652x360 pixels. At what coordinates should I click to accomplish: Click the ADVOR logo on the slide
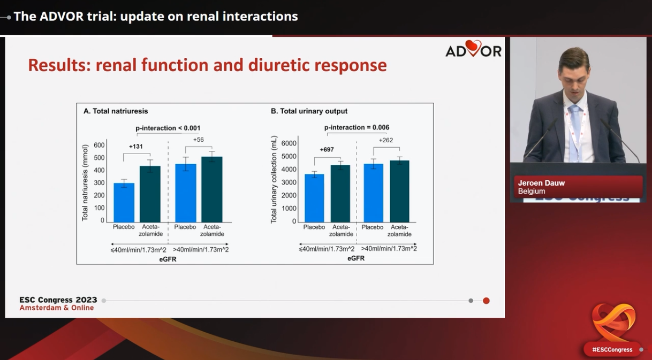(473, 49)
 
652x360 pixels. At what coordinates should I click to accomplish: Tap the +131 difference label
(136, 146)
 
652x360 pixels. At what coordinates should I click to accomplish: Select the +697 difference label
(327, 149)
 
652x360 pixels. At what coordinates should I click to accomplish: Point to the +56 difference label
(199, 140)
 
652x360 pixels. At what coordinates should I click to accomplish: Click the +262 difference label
(386, 140)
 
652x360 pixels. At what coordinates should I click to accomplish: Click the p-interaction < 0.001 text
(168, 128)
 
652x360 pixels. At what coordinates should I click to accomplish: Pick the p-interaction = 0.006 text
(357, 127)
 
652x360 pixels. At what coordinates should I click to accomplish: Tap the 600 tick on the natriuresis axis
(99, 145)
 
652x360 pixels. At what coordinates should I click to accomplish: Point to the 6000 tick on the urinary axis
(289, 143)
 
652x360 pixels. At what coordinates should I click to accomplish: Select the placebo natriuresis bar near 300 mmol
(124, 202)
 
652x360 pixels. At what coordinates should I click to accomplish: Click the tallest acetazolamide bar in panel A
(212, 189)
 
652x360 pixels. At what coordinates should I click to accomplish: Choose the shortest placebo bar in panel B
(314, 198)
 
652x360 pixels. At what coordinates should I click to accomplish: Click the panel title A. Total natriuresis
(116, 111)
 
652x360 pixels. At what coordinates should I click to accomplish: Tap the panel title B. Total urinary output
(309, 111)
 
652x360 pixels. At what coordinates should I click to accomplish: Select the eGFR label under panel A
(168, 259)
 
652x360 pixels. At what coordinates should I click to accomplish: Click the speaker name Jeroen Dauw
(541, 183)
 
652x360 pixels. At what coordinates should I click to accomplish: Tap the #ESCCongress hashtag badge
(612, 349)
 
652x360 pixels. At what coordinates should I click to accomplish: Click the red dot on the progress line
(486, 301)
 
